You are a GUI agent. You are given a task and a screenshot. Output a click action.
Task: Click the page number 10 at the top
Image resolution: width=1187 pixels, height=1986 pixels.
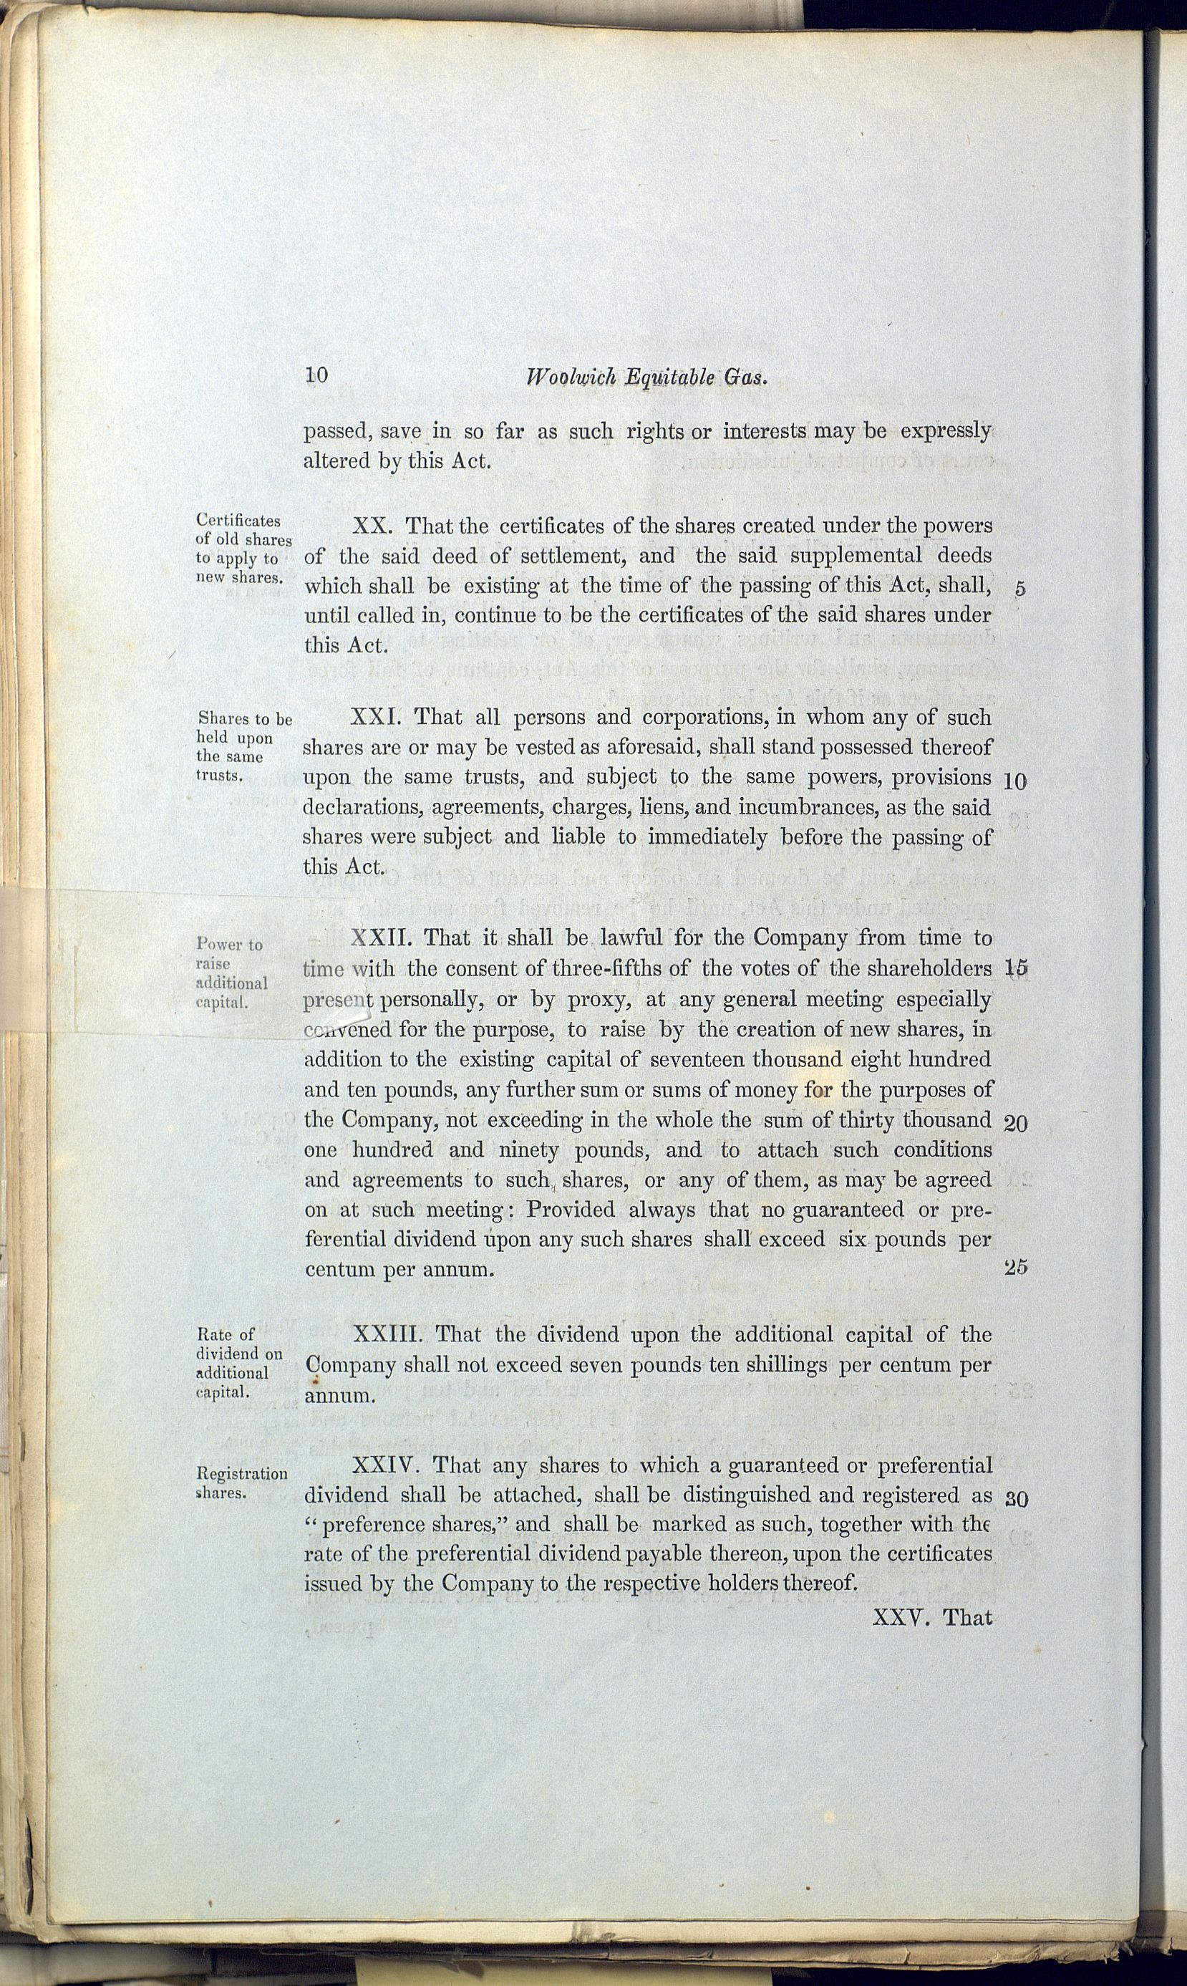click(x=316, y=375)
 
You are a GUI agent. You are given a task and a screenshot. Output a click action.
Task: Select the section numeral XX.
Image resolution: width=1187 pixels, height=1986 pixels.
click(x=370, y=526)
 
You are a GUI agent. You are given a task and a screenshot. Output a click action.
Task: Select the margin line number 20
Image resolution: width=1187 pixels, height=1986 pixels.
click(x=1015, y=1122)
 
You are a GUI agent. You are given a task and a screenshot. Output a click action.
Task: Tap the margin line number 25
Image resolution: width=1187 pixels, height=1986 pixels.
click(x=1015, y=1268)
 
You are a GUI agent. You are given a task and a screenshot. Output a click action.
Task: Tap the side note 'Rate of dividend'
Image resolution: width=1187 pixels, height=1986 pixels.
click(x=238, y=1363)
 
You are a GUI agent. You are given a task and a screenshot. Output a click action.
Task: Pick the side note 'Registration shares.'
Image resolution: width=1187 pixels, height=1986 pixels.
click(x=241, y=1483)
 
